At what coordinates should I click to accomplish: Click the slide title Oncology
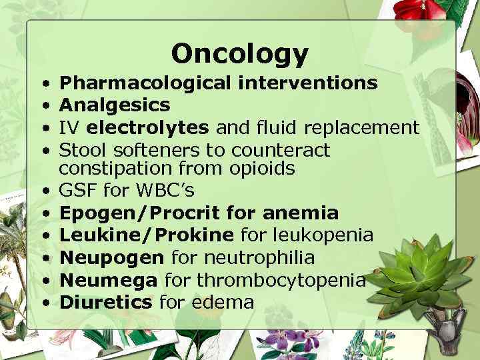(239, 53)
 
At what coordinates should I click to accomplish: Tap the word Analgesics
(115, 105)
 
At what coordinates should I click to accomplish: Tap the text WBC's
(165, 191)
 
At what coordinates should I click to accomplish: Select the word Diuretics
(106, 302)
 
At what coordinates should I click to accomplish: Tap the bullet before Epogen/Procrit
(45, 214)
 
